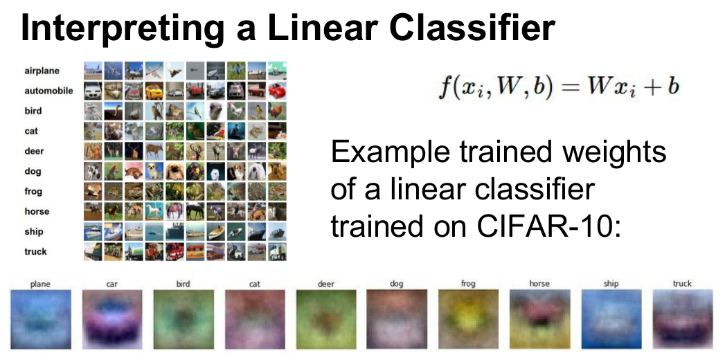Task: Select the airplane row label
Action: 42,71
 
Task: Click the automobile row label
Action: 48,91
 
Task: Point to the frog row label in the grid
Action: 33,191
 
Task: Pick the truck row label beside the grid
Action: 35,252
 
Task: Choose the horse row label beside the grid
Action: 37,212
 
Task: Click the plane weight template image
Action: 40,319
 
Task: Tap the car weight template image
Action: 112,319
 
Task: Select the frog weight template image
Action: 468,319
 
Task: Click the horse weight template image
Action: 539,319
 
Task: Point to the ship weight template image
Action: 611,319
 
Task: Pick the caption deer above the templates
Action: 326,284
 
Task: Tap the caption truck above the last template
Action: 683,284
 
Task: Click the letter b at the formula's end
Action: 672,86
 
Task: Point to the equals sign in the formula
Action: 570,87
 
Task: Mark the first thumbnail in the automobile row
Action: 93,91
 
